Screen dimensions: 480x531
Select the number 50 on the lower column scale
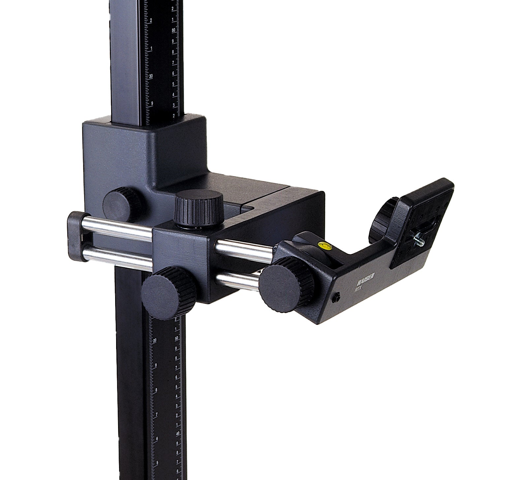point(176,338)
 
